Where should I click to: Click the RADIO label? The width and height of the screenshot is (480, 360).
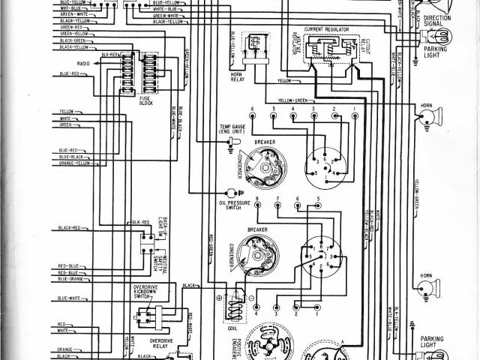[x=82, y=64]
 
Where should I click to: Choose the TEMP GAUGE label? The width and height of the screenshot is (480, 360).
[x=235, y=129]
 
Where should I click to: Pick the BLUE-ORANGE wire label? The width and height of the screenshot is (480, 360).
[x=72, y=279]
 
